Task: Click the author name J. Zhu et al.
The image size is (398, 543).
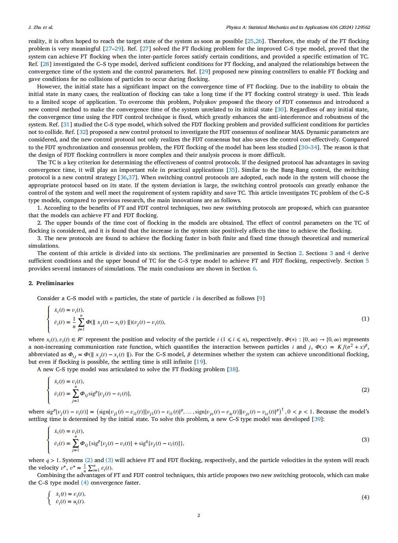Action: (41, 27)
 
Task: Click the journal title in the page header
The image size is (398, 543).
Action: (298, 27)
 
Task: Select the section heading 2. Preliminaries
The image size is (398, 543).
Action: (51, 283)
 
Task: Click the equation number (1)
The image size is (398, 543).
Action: (365, 319)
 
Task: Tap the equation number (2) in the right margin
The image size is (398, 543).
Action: (365, 390)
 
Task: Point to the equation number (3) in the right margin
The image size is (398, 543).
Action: (365, 440)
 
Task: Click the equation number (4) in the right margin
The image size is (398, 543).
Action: (365, 497)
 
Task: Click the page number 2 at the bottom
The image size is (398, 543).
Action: (199, 515)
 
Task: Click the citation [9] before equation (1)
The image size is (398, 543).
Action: (261, 298)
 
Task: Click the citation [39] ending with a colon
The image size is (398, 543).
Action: (318, 419)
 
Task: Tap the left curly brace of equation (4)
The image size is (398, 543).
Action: (49, 498)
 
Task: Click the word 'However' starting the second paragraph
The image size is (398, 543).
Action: (48, 86)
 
